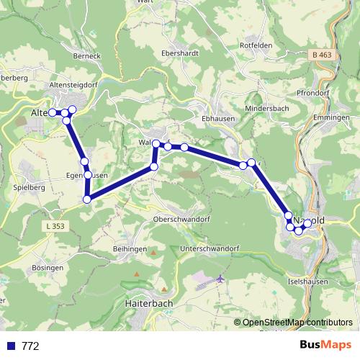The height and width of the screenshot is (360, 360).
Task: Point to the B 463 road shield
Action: point(323,55)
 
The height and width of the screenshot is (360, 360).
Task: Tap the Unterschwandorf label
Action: point(210,248)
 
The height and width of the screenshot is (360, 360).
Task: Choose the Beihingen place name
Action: point(130,248)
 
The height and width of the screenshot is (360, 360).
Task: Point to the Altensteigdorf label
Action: point(73,84)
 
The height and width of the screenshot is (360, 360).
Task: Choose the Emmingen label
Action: point(332,117)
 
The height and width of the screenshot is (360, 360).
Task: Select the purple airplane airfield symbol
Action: point(220,279)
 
